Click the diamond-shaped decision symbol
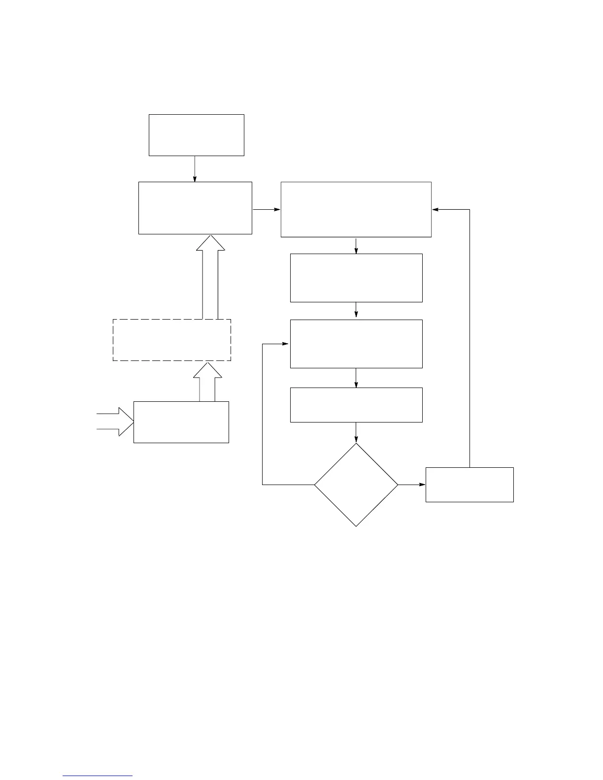(x=356, y=485)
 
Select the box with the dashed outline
(x=172, y=340)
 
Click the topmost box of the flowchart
(x=197, y=135)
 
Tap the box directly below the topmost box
(x=195, y=208)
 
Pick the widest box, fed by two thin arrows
(x=356, y=209)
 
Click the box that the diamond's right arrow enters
(x=469, y=485)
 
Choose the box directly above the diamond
(x=356, y=405)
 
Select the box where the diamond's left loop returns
(x=356, y=344)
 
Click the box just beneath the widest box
(x=356, y=278)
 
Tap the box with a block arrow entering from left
(x=181, y=422)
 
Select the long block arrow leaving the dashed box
(x=210, y=278)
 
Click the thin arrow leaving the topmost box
(x=195, y=169)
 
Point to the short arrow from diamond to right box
(x=411, y=485)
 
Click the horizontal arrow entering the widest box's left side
(x=266, y=209)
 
